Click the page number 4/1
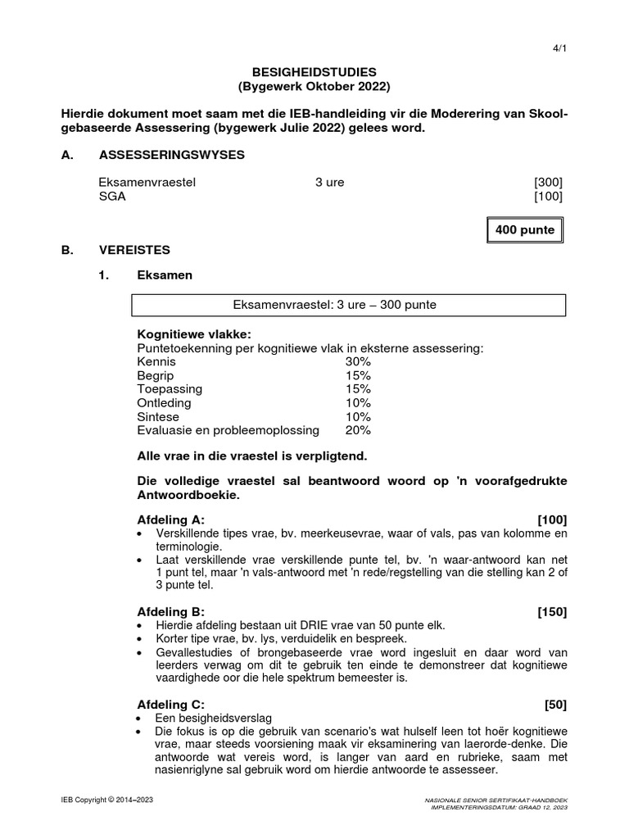(x=560, y=48)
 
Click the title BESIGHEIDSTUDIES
(x=314, y=73)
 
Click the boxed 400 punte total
(x=525, y=229)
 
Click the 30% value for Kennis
(x=358, y=361)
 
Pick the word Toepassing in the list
(x=170, y=388)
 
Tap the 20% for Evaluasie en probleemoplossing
(x=358, y=430)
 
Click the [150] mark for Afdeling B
(x=552, y=611)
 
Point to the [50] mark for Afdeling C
(x=555, y=703)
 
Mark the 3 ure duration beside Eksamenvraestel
(x=329, y=182)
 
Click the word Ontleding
(x=164, y=402)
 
